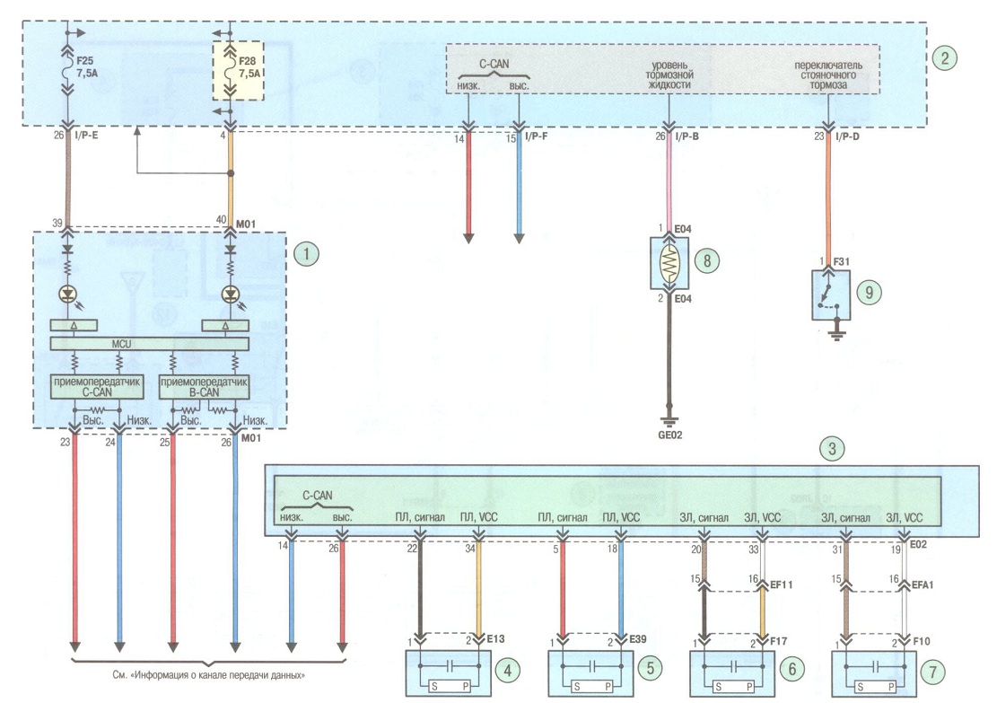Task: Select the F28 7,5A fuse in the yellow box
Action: click(x=238, y=71)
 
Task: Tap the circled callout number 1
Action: click(x=307, y=254)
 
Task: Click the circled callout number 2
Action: click(x=945, y=57)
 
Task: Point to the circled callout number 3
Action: click(x=832, y=449)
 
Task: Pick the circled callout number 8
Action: click(x=707, y=260)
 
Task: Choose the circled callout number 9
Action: click(x=869, y=292)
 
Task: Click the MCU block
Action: click(x=150, y=344)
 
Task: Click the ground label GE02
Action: click(x=670, y=435)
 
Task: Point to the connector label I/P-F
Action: click(x=537, y=136)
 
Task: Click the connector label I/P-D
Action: click(x=847, y=136)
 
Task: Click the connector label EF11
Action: click(x=782, y=584)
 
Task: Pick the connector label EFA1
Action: click(x=922, y=584)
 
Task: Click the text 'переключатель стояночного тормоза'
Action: click(x=828, y=75)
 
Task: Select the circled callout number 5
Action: click(x=650, y=668)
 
